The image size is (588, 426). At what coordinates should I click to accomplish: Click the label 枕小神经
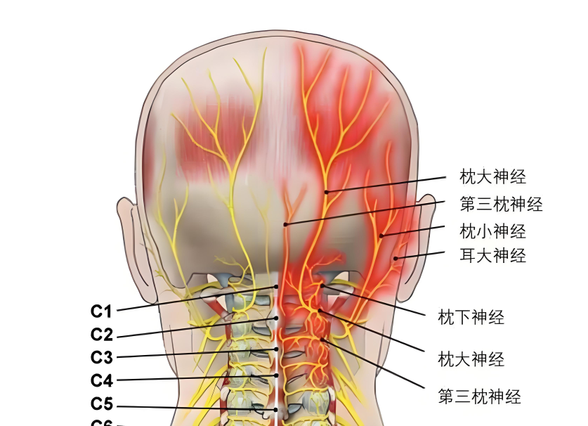click(x=492, y=231)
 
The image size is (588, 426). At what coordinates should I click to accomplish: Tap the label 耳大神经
click(x=492, y=255)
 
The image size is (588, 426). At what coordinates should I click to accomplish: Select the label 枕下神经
click(x=471, y=318)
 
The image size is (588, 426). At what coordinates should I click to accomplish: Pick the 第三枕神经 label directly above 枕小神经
click(x=501, y=205)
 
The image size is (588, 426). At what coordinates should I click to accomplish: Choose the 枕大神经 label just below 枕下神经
click(x=471, y=360)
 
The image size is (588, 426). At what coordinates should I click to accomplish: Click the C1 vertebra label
click(x=102, y=311)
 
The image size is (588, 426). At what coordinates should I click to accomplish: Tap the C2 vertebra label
click(x=102, y=335)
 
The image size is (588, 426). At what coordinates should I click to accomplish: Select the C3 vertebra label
click(x=102, y=357)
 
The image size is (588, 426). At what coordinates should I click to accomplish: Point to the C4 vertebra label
click(x=102, y=381)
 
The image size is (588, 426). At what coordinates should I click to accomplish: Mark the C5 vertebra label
click(x=102, y=405)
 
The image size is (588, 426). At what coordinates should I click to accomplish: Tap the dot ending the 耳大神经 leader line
click(x=396, y=259)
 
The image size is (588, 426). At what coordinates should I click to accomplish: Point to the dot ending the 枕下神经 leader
click(x=322, y=285)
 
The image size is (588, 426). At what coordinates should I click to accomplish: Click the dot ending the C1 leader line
click(x=277, y=287)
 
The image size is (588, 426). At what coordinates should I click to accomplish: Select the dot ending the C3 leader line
click(x=277, y=349)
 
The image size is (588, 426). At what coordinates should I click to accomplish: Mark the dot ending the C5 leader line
click(x=277, y=409)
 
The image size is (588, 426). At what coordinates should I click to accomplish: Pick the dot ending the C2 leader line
click(x=277, y=318)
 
